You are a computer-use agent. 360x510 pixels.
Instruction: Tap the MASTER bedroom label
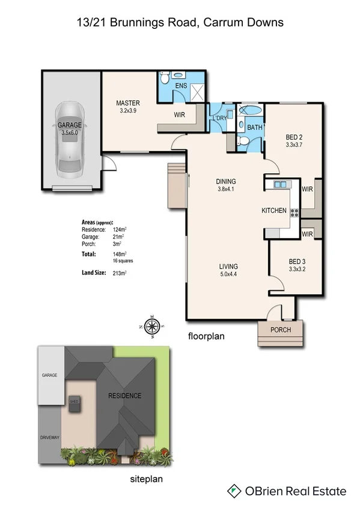(x=128, y=103)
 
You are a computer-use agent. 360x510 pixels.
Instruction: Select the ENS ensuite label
(x=181, y=86)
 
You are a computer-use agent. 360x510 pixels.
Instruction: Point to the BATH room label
(x=254, y=127)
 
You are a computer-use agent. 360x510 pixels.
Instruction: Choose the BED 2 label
(x=293, y=137)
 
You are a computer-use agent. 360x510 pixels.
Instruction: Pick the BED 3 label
(x=297, y=262)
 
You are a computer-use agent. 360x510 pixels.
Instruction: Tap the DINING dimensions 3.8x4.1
(x=226, y=189)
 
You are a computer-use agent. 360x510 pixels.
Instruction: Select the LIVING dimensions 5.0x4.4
(x=228, y=274)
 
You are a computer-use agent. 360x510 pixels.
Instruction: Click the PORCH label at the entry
(x=281, y=330)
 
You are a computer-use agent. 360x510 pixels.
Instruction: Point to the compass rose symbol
(x=153, y=327)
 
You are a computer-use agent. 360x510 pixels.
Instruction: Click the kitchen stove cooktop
(x=294, y=212)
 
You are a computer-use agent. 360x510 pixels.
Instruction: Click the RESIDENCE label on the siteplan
(x=125, y=395)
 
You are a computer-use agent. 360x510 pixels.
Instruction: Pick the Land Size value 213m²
(x=120, y=274)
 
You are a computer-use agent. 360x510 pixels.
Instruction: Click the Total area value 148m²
(x=120, y=254)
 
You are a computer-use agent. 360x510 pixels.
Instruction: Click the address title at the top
(x=180, y=22)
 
